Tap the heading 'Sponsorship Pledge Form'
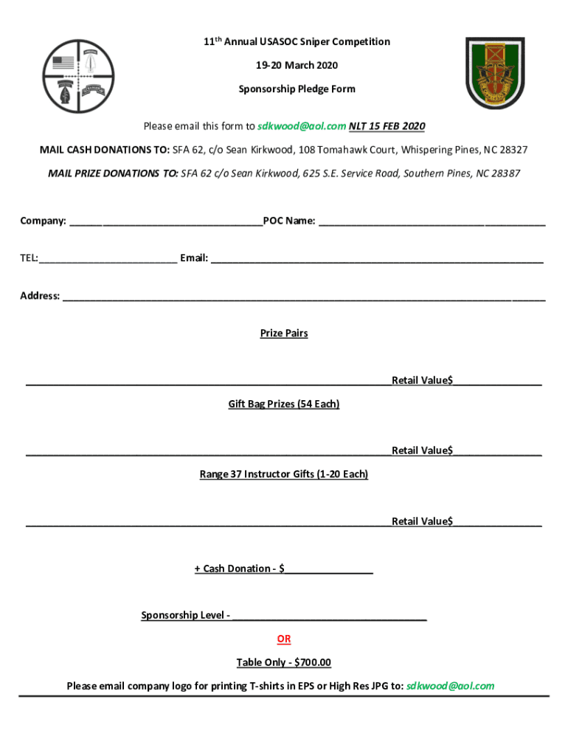coord(297,89)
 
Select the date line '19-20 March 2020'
coord(297,66)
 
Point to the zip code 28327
coord(511,150)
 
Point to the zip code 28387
coord(504,173)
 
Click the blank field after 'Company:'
coord(165,221)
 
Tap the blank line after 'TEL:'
coord(108,259)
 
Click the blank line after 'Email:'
coord(377,259)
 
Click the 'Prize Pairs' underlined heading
coord(284,334)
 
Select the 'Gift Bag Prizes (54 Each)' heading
coord(284,405)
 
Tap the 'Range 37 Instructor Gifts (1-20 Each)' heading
coord(284,474)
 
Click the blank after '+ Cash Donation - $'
coord(330,569)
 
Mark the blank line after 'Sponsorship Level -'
coord(329,616)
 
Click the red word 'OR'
coord(284,639)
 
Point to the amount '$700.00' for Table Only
coord(313,663)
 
